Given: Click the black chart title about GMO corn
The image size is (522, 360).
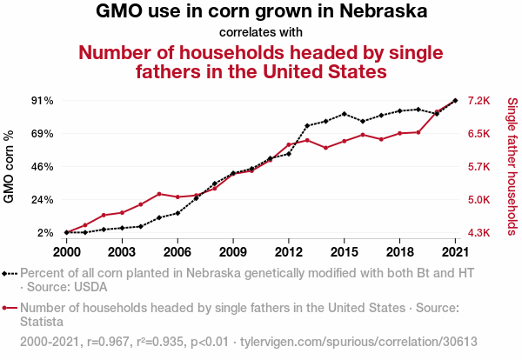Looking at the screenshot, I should pyautogui.click(x=261, y=12).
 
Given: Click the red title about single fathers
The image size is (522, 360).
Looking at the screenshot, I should pyautogui.click(x=261, y=61).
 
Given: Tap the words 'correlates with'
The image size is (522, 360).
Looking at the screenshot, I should pyautogui.click(x=261, y=32).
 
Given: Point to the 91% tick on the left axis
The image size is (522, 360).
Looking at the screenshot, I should pyautogui.click(x=43, y=101).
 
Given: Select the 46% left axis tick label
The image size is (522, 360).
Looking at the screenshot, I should pyautogui.click(x=43, y=167).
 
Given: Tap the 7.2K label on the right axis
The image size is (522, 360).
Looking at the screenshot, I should pyautogui.click(x=479, y=101).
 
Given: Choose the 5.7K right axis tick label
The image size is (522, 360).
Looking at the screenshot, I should pyautogui.click(x=479, y=167).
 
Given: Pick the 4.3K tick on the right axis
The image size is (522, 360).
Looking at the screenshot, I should pyautogui.click(x=479, y=233).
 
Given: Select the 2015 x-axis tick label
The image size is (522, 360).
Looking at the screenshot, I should pyautogui.click(x=345, y=251).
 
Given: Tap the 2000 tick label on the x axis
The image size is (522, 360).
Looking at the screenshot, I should pyautogui.click(x=66, y=251).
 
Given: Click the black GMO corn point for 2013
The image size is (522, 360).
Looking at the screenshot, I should pyautogui.click(x=307, y=126).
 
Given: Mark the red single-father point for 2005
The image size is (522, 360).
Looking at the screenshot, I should pyautogui.click(x=159, y=194).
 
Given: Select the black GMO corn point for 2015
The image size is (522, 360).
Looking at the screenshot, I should pyautogui.click(x=345, y=114).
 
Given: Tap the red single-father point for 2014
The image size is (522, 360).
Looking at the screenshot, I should pyautogui.click(x=325, y=148).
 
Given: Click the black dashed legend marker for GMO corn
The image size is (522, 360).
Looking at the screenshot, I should pyautogui.click(x=10, y=273).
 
